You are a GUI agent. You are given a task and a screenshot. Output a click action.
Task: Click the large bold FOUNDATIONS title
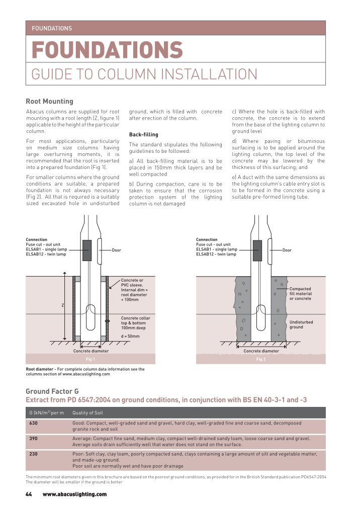tap(107, 50)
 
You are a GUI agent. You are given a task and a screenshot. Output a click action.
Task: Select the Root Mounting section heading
tap(49, 102)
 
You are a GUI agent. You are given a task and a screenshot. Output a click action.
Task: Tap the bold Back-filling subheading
tap(143, 135)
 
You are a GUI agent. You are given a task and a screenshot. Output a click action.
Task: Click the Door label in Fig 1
tap(116, 250)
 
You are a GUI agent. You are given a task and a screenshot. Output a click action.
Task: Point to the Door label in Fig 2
tap(287, 250)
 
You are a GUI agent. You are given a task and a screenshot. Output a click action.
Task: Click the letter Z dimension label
tap(62, 305)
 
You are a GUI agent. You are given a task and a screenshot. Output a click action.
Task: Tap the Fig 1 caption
tap(91, 360)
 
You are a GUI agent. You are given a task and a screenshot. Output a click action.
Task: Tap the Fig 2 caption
tap(261, 360)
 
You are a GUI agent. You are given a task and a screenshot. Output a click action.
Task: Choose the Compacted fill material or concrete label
tap(301, 294)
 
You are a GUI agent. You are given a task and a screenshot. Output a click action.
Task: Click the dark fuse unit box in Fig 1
tap(86, 250)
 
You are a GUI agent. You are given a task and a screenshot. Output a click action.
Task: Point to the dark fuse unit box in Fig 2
tap(257, 250)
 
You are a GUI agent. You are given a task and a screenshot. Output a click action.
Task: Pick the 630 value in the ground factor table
tap(33, 423)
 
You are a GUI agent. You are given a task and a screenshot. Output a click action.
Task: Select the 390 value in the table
tap(33, 439)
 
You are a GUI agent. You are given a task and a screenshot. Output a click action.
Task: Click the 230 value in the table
tap(33, 454)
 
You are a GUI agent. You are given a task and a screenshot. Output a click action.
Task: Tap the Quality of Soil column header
tap(89, 413)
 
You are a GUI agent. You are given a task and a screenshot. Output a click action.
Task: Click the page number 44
tap(29, 494)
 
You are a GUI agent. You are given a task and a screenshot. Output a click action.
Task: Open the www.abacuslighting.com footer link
tap(74, 494)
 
